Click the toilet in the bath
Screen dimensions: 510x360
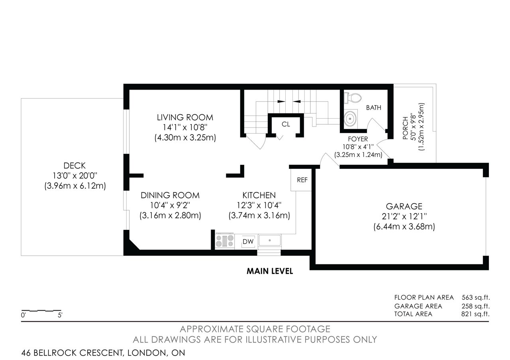[353, 98]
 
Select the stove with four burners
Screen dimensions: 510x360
[225, 241]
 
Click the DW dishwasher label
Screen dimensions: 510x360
[248, 241]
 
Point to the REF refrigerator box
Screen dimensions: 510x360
[301, 180]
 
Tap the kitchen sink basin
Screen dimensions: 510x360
[270, 240]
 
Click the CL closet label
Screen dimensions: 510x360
[286, 124]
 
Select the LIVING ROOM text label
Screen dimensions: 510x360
[185, 117]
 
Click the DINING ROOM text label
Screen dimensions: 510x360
[170, 195]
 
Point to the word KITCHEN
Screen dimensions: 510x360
[259, 195]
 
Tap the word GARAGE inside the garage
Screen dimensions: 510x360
[404, 206]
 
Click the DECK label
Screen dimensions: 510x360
[75, 165]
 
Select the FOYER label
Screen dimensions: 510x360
[358, 139]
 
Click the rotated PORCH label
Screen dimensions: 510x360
[405, 128]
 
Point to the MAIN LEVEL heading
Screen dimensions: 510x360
[270, 271]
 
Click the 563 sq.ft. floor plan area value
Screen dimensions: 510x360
[476, 297]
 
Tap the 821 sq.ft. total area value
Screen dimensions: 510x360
[475, 314]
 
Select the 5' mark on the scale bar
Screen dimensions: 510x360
[60, 315]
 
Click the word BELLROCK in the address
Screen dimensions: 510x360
[55, 353]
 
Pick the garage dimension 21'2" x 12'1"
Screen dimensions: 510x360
[404, 216]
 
